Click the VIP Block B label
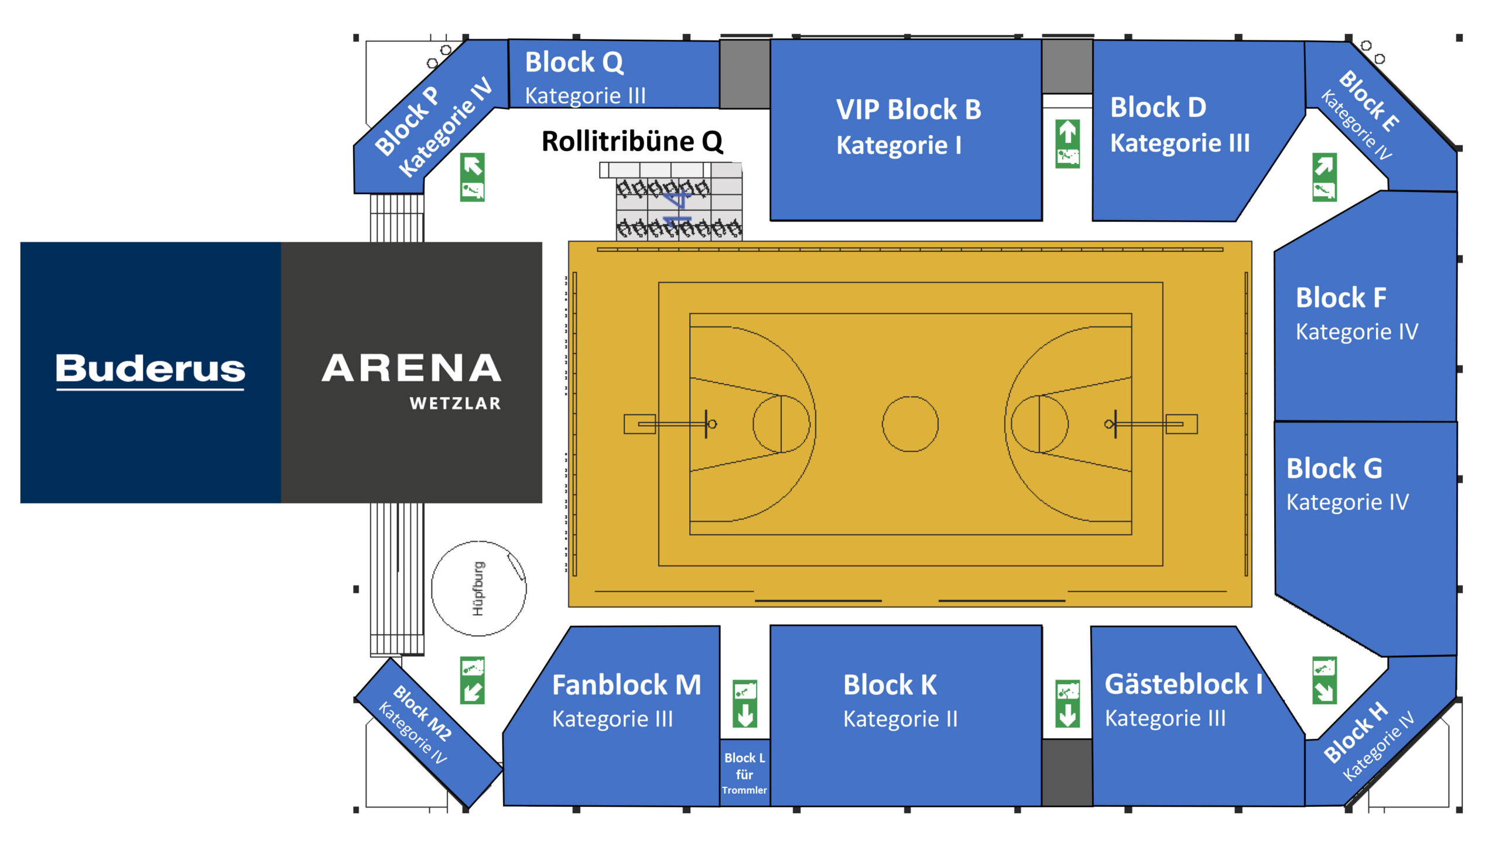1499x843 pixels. pyautogui.click(x=908, y=109)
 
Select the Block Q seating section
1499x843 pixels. pyautogui.click(x=614, y=74)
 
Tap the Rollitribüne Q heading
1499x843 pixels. pyautogui.click(x=632, y=141)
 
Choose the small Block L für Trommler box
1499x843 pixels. pyautogui.click(x=744, y=773)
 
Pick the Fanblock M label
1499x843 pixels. pyautogui.click(x=627, y=685)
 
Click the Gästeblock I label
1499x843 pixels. pyautogui.click(x=1183, y=684)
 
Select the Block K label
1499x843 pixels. pyautogui.click(x=890, y=685)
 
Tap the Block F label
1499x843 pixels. pyautogui.click(x=1341, y=297)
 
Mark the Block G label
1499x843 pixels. pyautogui.click(x=1334, y=468)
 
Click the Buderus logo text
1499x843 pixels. pyautogui.click(x=150, y=369)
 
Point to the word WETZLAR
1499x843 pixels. pyautogui.click(x=455, y=403)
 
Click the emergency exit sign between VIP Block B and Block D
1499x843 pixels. pyautogui.click(x=1067, y=143)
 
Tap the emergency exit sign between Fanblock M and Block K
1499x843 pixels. pyautogui.click(x=745, y=704)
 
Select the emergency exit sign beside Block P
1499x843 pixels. pyautogui.click(x=472, y=177)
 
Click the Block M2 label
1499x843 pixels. pyautogui.click(x=422, y=712)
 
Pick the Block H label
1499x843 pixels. pyautogui.click(x=1355, y=732)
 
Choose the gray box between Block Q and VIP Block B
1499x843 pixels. pyautogui.click(x=745, y=74)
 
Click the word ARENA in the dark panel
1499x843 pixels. pyautogui.click(x=411, y=368)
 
